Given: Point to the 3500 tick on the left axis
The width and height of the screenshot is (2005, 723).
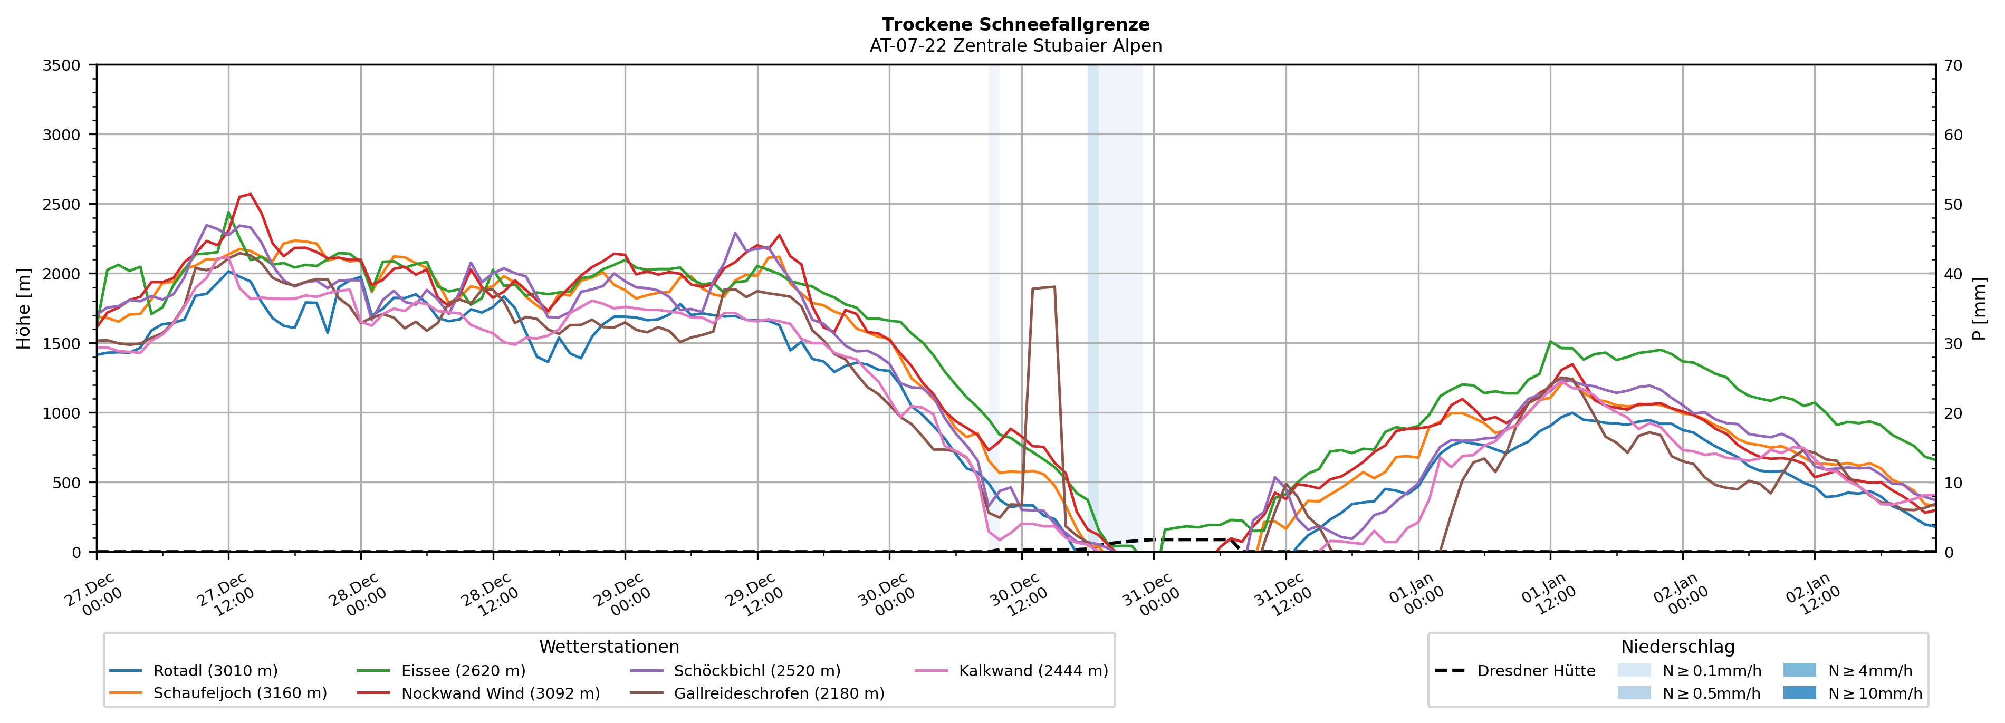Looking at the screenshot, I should (x=62, y=65).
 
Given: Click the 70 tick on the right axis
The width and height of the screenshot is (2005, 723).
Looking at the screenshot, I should (x=1953, y=65).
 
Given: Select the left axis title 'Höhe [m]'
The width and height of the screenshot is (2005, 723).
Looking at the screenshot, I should (x=24, y=308).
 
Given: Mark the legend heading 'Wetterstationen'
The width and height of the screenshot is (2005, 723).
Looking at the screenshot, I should (x=609, y=647).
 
